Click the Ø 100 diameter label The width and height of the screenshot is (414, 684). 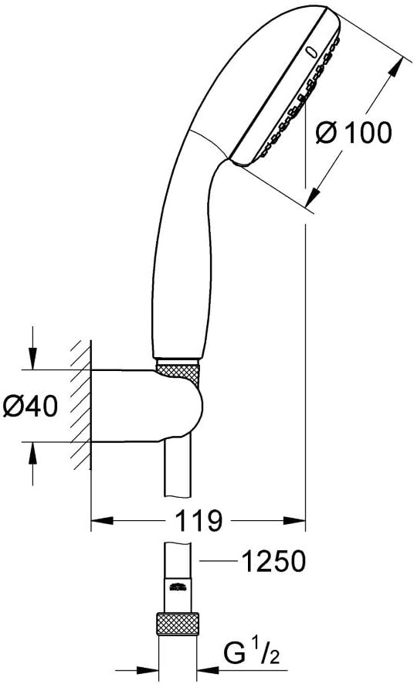pos(354,133)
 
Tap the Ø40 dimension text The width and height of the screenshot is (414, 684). pos(30,407)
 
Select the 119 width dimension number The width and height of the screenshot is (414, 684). pos(199,520)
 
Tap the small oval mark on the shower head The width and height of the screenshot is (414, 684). pos(311,52)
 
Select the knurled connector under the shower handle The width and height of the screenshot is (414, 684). pos(178,372)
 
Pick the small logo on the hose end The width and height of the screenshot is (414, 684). pos(177,587)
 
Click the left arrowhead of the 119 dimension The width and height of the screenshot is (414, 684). pos(101,520)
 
